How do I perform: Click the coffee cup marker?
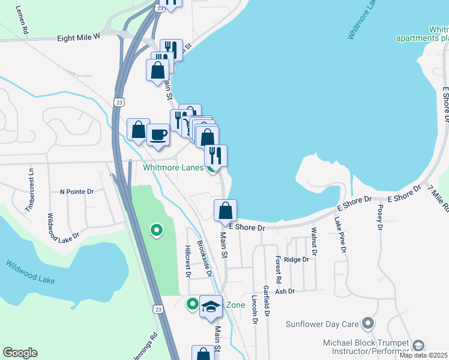click(158, 135)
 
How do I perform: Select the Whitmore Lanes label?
click(173, 167)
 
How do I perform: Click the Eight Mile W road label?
click(78, 37)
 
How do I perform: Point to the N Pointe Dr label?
click(77, 192)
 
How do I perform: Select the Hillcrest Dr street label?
click(187, 261)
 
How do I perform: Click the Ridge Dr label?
click(296, 260)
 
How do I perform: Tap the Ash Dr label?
click(285, 291)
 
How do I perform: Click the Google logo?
click(20, 353)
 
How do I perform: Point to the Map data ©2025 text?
click(424, 355)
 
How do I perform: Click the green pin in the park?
click(156, 230)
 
